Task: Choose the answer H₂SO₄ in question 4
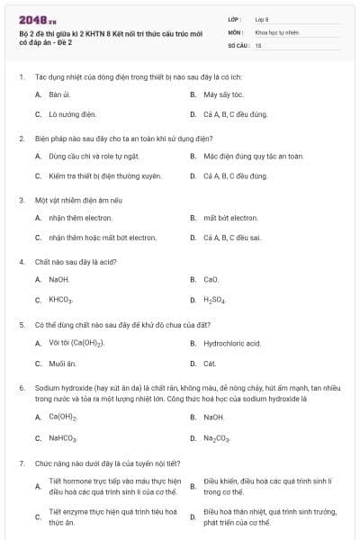214,300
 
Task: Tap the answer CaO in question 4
211,279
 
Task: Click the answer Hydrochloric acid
232,343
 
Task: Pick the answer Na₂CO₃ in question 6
217,438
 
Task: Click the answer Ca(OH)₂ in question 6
62,417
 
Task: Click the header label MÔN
235,31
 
